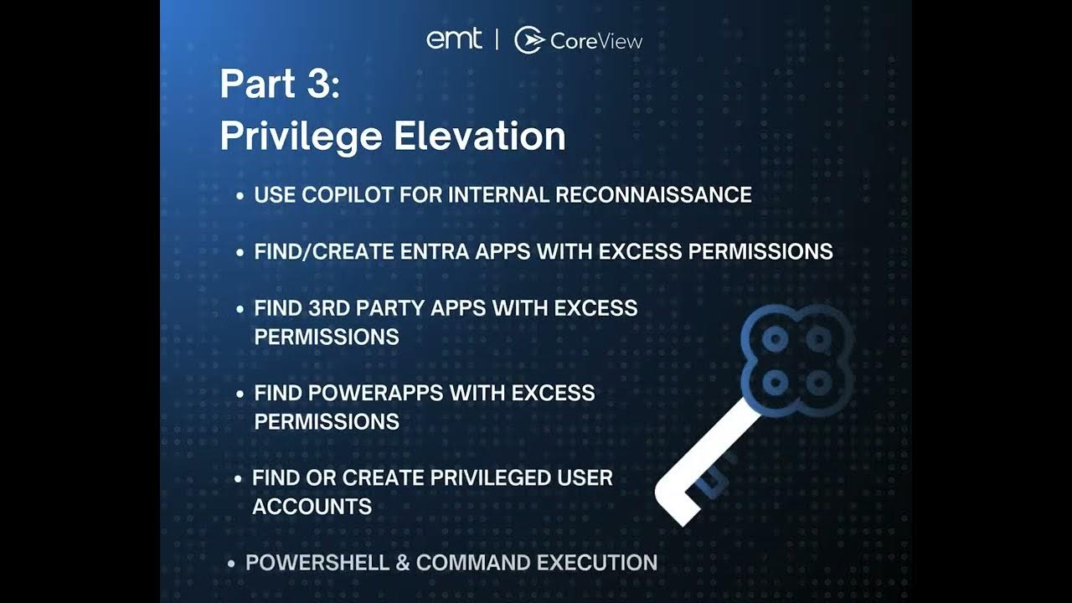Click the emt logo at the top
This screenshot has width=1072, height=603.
454,39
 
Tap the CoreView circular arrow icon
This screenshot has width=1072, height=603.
529,39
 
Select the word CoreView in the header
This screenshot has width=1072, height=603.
596,40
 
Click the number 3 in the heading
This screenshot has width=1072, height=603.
321,85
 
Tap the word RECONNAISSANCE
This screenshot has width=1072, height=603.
653,195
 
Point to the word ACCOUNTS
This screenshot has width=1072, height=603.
312,507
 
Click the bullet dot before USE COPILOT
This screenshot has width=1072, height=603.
240,196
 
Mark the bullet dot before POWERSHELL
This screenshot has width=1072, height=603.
231,564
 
